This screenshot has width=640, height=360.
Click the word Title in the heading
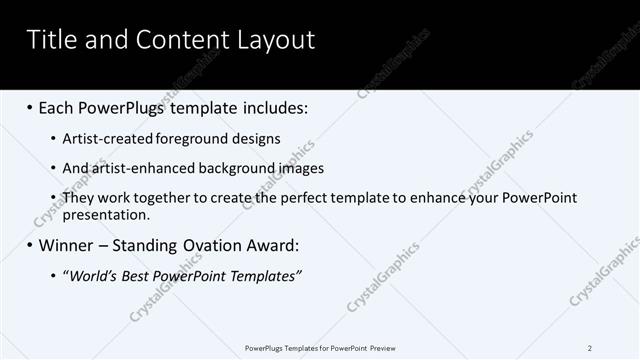point(50,40)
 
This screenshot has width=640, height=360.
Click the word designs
point(258,139)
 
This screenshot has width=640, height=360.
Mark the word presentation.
point(105,214)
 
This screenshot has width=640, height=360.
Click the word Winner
point(70,245)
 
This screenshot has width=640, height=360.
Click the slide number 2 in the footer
point(590,348)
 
